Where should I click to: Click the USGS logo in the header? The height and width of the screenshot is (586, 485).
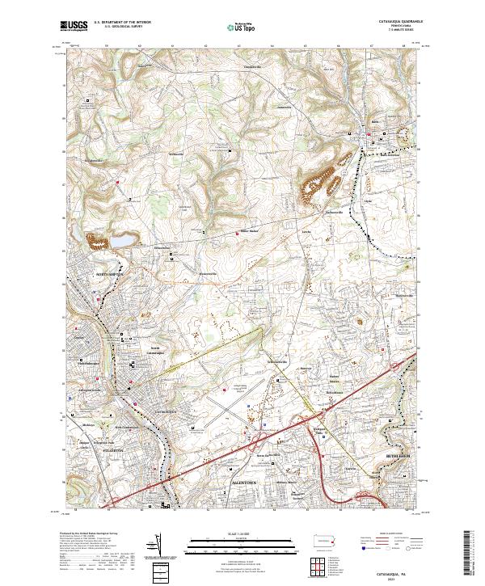(x=74, y=27)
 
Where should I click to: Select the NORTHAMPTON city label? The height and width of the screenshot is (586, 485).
(x=112, y=275)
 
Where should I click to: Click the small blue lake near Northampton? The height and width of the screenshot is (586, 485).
(x=119, y=241)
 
